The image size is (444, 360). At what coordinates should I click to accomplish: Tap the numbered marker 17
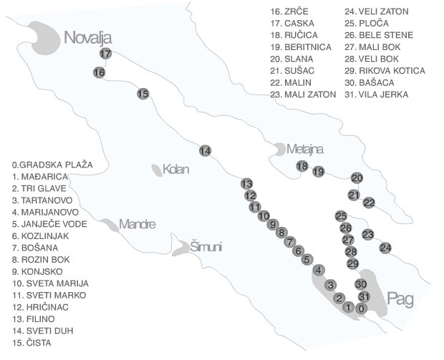pyautogui.click(x=106, y=54)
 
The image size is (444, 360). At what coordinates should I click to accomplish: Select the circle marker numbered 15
pyautogui.click(x=143, y=94)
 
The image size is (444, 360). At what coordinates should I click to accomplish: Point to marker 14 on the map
pyautogui.click(x=206, y=150)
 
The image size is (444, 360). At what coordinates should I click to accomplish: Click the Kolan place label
pyautogui.click(x=175, y=170)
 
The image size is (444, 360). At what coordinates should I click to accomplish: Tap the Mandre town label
pyautogui.click(x=137, y=224)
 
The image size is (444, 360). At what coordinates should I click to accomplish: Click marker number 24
pyautogui.click(x=386, y=248)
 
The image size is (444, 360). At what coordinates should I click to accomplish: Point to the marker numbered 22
pyautogui.click(x=369, y=203)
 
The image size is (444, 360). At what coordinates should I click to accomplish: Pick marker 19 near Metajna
pyautogui.click(x=319, y=171)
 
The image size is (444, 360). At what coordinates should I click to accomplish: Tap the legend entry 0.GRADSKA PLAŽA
pyautogui.click(x=47, y=165)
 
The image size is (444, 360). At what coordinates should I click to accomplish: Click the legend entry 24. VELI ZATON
pyautogui.click(x=375, y=11)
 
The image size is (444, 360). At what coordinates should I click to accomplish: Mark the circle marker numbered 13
pyautogui.click(x=247, y=183)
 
